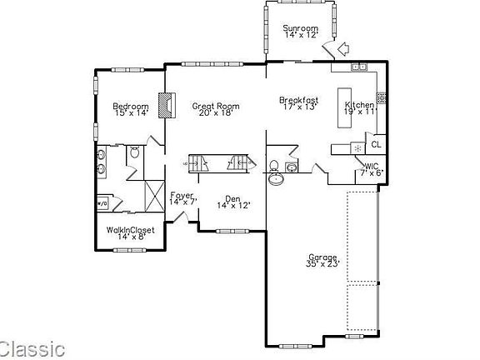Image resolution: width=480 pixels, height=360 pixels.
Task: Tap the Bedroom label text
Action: click(131, 106)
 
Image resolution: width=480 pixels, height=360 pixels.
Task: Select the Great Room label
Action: click(211, 106)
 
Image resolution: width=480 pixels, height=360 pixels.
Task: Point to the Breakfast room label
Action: click(300, 101)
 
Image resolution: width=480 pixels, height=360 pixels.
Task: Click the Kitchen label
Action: click(360, 104)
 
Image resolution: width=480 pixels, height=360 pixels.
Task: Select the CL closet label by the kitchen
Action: click(376, 144)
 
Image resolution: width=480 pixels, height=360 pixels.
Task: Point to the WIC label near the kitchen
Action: click(371, 166)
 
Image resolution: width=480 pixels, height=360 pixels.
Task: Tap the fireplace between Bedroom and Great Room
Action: click(170, 106)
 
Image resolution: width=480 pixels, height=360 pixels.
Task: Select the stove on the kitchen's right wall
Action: click(380, 97)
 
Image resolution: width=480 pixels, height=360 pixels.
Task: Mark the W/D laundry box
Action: click(103, 202)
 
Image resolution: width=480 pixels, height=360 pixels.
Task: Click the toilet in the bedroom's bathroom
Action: click(134, 152)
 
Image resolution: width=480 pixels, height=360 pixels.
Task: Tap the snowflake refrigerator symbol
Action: click(357, 148)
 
